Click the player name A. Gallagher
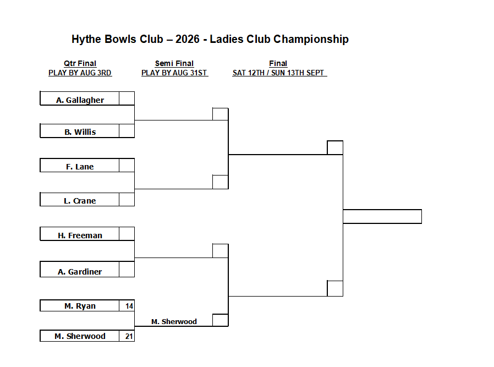pos(80,100)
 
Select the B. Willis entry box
pos(80,131)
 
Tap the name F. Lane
pos(80,167)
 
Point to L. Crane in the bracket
pos(80,201)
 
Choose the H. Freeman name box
pos(80,234)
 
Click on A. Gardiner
pos(80,272)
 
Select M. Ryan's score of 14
pos(129,306)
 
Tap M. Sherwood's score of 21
pos(129,336)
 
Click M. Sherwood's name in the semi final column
pos(174,322)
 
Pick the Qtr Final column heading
pos(80,63)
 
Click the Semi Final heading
pos(174,63)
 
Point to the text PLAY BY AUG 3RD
pos(80,73)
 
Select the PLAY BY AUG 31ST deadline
pos(174,73)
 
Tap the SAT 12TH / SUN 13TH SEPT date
pos(278,73)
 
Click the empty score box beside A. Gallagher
pos(127,98)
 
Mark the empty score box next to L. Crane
pos(127,199)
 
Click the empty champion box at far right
pos(382,216)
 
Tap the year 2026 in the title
pos(188,39)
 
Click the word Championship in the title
pos(311,40)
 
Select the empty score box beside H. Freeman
pos(127,234)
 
